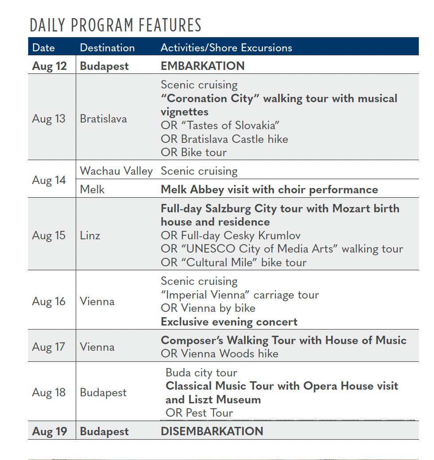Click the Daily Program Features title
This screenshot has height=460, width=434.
click(x=116, y=25)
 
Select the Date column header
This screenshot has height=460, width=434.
click(x=43, y=47)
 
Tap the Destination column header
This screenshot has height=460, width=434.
click(x=107, y=47)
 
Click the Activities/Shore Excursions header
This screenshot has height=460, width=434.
click(x=226, y=47)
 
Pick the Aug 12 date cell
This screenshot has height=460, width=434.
click(x=49, y=66)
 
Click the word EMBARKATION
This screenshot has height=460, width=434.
click(x=202, y=66)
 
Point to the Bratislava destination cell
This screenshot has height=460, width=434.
click(x=103, y=119)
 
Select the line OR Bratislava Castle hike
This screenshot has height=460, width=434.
click(x=224, y=139)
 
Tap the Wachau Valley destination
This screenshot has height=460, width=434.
click(x=116, y=171)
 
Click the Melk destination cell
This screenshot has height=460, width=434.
click(x=92, y=189)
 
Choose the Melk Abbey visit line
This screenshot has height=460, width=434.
click(x=269, y=189)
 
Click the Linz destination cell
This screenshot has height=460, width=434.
click(x=90, y=235)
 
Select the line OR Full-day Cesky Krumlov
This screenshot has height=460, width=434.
click(x=231, y=235)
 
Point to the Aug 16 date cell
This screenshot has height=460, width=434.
click(x=49, y=301)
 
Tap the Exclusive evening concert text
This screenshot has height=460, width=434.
click(x=229, y=322)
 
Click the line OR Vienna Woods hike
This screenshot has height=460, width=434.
click(x=220, y=353)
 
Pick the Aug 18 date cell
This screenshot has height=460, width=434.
click(x=49, y=392)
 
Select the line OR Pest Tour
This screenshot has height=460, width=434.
click(x=199, y=413)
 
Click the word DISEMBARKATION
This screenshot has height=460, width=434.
click(x=212, y=431)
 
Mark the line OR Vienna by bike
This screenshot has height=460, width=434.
click(x=208, y=308)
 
